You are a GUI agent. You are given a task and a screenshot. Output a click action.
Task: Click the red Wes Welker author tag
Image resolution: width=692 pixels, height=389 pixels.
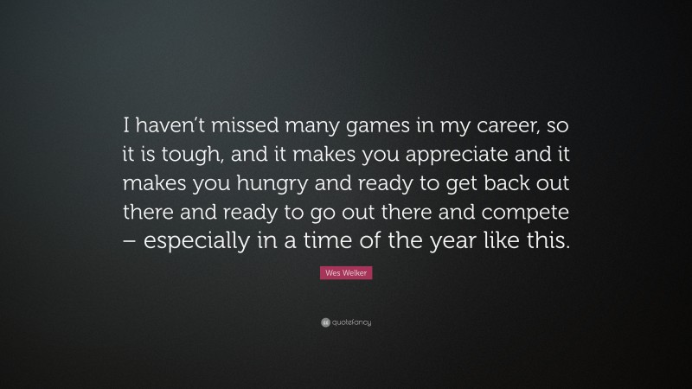pos(345,273)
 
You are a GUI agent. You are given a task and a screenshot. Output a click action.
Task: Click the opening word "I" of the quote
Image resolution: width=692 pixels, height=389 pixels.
pos(128,128)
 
